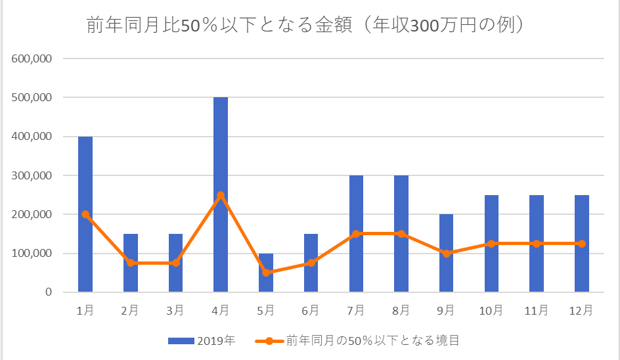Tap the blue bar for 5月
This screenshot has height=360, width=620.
(x=266, y=282)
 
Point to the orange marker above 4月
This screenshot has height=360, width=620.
(x=221, y=195)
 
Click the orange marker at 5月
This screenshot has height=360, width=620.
(x=266, y=273)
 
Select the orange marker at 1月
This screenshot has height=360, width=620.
(x=85, y=214)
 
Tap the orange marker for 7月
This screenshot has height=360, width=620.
(x=356, y=234)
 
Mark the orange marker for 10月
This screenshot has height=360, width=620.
(x=491, y=244)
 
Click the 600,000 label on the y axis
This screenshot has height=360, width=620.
(x=32, y=58)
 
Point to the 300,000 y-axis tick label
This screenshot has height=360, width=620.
(x=32, y=175)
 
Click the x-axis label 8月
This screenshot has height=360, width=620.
(x=401, y=310)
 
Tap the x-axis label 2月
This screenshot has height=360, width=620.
(x=131, y=310)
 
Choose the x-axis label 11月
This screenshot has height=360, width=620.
(x=537, y=310)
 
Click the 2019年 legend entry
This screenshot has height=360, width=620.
(x=201, y=340)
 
